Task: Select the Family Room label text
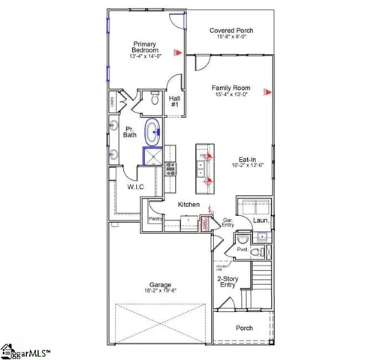[x=231, y=89]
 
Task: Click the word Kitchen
[x=188, y=204]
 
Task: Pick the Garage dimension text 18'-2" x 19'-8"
[x=159, y=291]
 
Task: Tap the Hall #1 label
[x=175, y=101]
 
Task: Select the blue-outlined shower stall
[x=153, y=156]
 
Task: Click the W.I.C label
[x=136, y=187]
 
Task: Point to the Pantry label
[x=155, y=218]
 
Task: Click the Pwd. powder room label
[x=243, y=249]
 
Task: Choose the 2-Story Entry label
[x=228, y=282]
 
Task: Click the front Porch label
[x=244, y=328]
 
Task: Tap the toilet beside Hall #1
[x=153, y=98]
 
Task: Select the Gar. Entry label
[x=228, y=223]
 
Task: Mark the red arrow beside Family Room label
[x=265, y=92]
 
